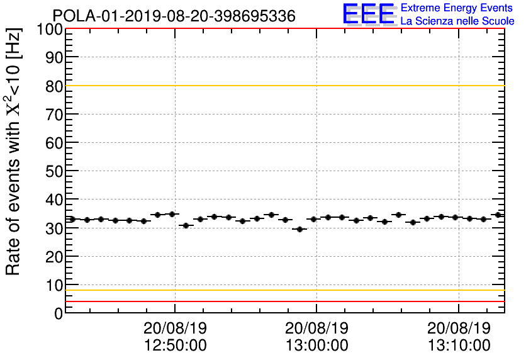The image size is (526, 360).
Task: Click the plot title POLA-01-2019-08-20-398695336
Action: click(174, 16)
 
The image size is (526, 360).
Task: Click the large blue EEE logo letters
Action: click(369, 14)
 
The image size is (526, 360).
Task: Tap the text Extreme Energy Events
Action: click(457, 8)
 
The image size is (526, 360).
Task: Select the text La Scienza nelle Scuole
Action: click(457, 21)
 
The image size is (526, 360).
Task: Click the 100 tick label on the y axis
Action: click(50, 29)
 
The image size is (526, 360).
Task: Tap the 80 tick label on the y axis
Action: click(54, 86)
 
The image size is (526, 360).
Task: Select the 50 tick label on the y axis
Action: click(54, 171)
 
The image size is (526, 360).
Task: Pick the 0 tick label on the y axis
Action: click(59, 313)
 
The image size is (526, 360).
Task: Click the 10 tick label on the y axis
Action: click(54, 284)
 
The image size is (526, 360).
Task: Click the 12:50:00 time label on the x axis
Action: click(176, 346)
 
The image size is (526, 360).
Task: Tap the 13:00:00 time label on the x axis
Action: click(317, 346)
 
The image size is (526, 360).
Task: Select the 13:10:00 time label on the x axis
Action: click(459, 346)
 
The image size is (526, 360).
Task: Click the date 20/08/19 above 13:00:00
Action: click(317, 329)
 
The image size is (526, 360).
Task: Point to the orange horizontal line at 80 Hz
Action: click(283, 86)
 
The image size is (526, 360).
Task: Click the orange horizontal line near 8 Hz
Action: click(283, 290)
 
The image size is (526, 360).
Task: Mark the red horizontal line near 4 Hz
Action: click(283, 301)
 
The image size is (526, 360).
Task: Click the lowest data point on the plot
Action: click(299, 229)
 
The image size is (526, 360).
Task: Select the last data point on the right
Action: click(498, 215)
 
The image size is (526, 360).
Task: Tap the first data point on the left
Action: click(72, 219)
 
